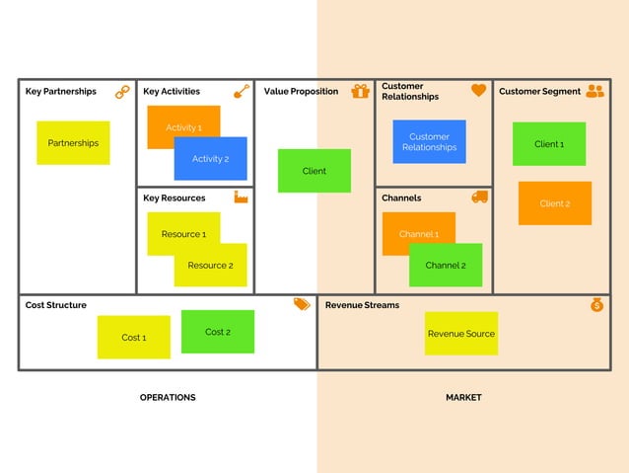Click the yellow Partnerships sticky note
(73, 143)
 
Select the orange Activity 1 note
(173, 121)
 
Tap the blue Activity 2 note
(210, 159)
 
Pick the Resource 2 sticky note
(210, 266)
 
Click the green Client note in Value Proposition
(314, 171)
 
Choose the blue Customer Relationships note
(429, 142)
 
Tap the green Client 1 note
(549, 144)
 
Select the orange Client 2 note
(554, 203)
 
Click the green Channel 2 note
(446, 266)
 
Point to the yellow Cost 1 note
(133, 338)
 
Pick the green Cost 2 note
(218, 332)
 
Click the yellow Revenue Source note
(460, 334)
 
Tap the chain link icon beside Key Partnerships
(122, 92)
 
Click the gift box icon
(361, 91)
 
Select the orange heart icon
(479, 90)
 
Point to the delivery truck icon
(480, 197)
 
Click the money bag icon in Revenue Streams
(596, 305)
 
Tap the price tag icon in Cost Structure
(302, 305)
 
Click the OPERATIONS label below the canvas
(168, 398)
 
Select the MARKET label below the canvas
(463, 398)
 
